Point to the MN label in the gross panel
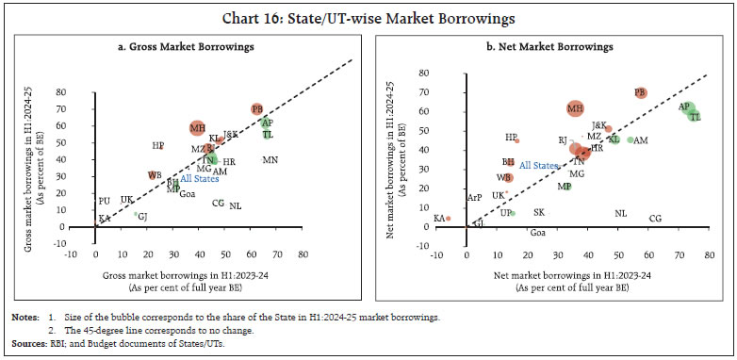coord(270,160)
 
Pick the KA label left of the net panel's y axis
coord(438,218)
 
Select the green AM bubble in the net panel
coord(631,140)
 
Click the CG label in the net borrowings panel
coord(655,219)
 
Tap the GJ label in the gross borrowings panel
coord(143,216)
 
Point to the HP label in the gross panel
coord(157,146)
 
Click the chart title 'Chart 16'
coord(368,16)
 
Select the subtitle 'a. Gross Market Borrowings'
coord(188,46)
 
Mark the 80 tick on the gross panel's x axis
coord(303,254)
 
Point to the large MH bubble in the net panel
coord(575,109)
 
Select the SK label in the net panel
coord(538,213)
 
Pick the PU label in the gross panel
coord(104,201)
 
